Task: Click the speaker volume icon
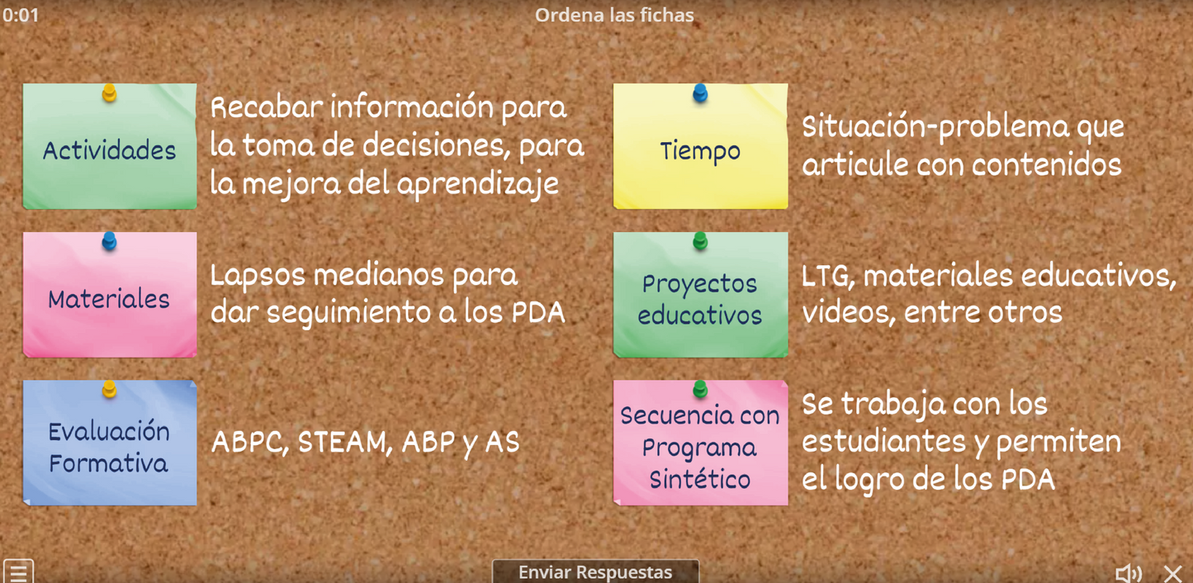click(1128, 572)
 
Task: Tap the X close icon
click(1172, 572)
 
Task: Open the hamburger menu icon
click(18, 571)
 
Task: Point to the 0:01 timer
click(21, 15)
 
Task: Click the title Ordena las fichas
click(614, 15)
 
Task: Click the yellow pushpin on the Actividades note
click(109, 92)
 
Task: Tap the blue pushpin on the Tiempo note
click(700, 92)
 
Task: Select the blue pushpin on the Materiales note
click(109, 241)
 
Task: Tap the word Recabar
click(265, 107)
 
